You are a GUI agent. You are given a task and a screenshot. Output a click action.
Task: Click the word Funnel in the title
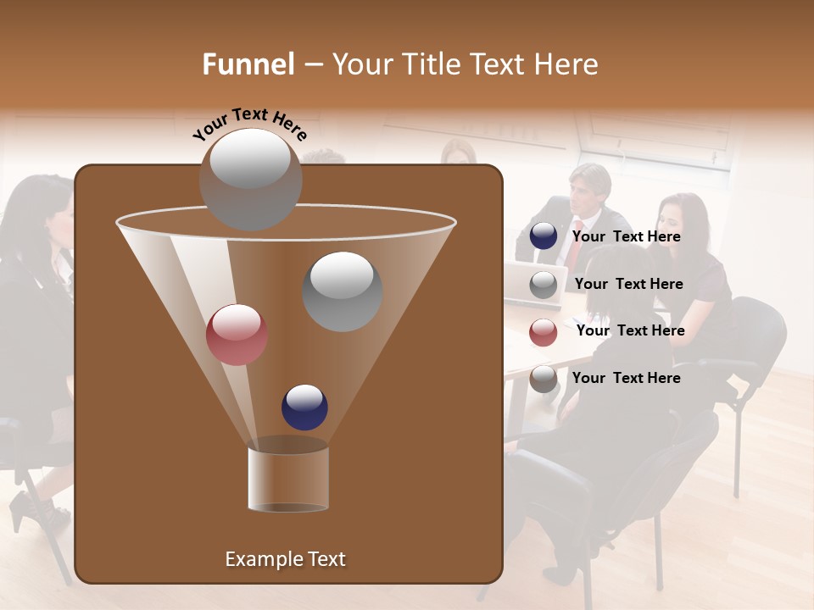pos(248,64)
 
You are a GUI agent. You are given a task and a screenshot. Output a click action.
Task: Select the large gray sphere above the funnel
pos(250,179)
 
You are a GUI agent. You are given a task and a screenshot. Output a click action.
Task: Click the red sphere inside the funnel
pos(237,335)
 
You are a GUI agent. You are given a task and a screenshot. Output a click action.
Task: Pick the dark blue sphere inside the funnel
pos(304,407)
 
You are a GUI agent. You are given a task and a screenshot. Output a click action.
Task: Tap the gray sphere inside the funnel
pos(342,291)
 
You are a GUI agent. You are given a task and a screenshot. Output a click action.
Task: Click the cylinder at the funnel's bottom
pos(288,474)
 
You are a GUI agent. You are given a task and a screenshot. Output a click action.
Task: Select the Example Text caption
pos(285,559)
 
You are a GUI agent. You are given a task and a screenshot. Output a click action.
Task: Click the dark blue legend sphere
pos(544,236)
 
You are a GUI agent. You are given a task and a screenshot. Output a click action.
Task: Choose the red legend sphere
pos(544,332)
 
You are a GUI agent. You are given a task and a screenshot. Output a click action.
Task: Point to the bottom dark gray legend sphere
pos(544,379)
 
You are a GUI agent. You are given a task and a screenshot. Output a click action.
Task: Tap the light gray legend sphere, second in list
pos(544,285)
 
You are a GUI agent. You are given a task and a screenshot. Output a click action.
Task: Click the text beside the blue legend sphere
pos(626,237)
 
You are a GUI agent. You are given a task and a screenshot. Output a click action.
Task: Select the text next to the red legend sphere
pos(630,331)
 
